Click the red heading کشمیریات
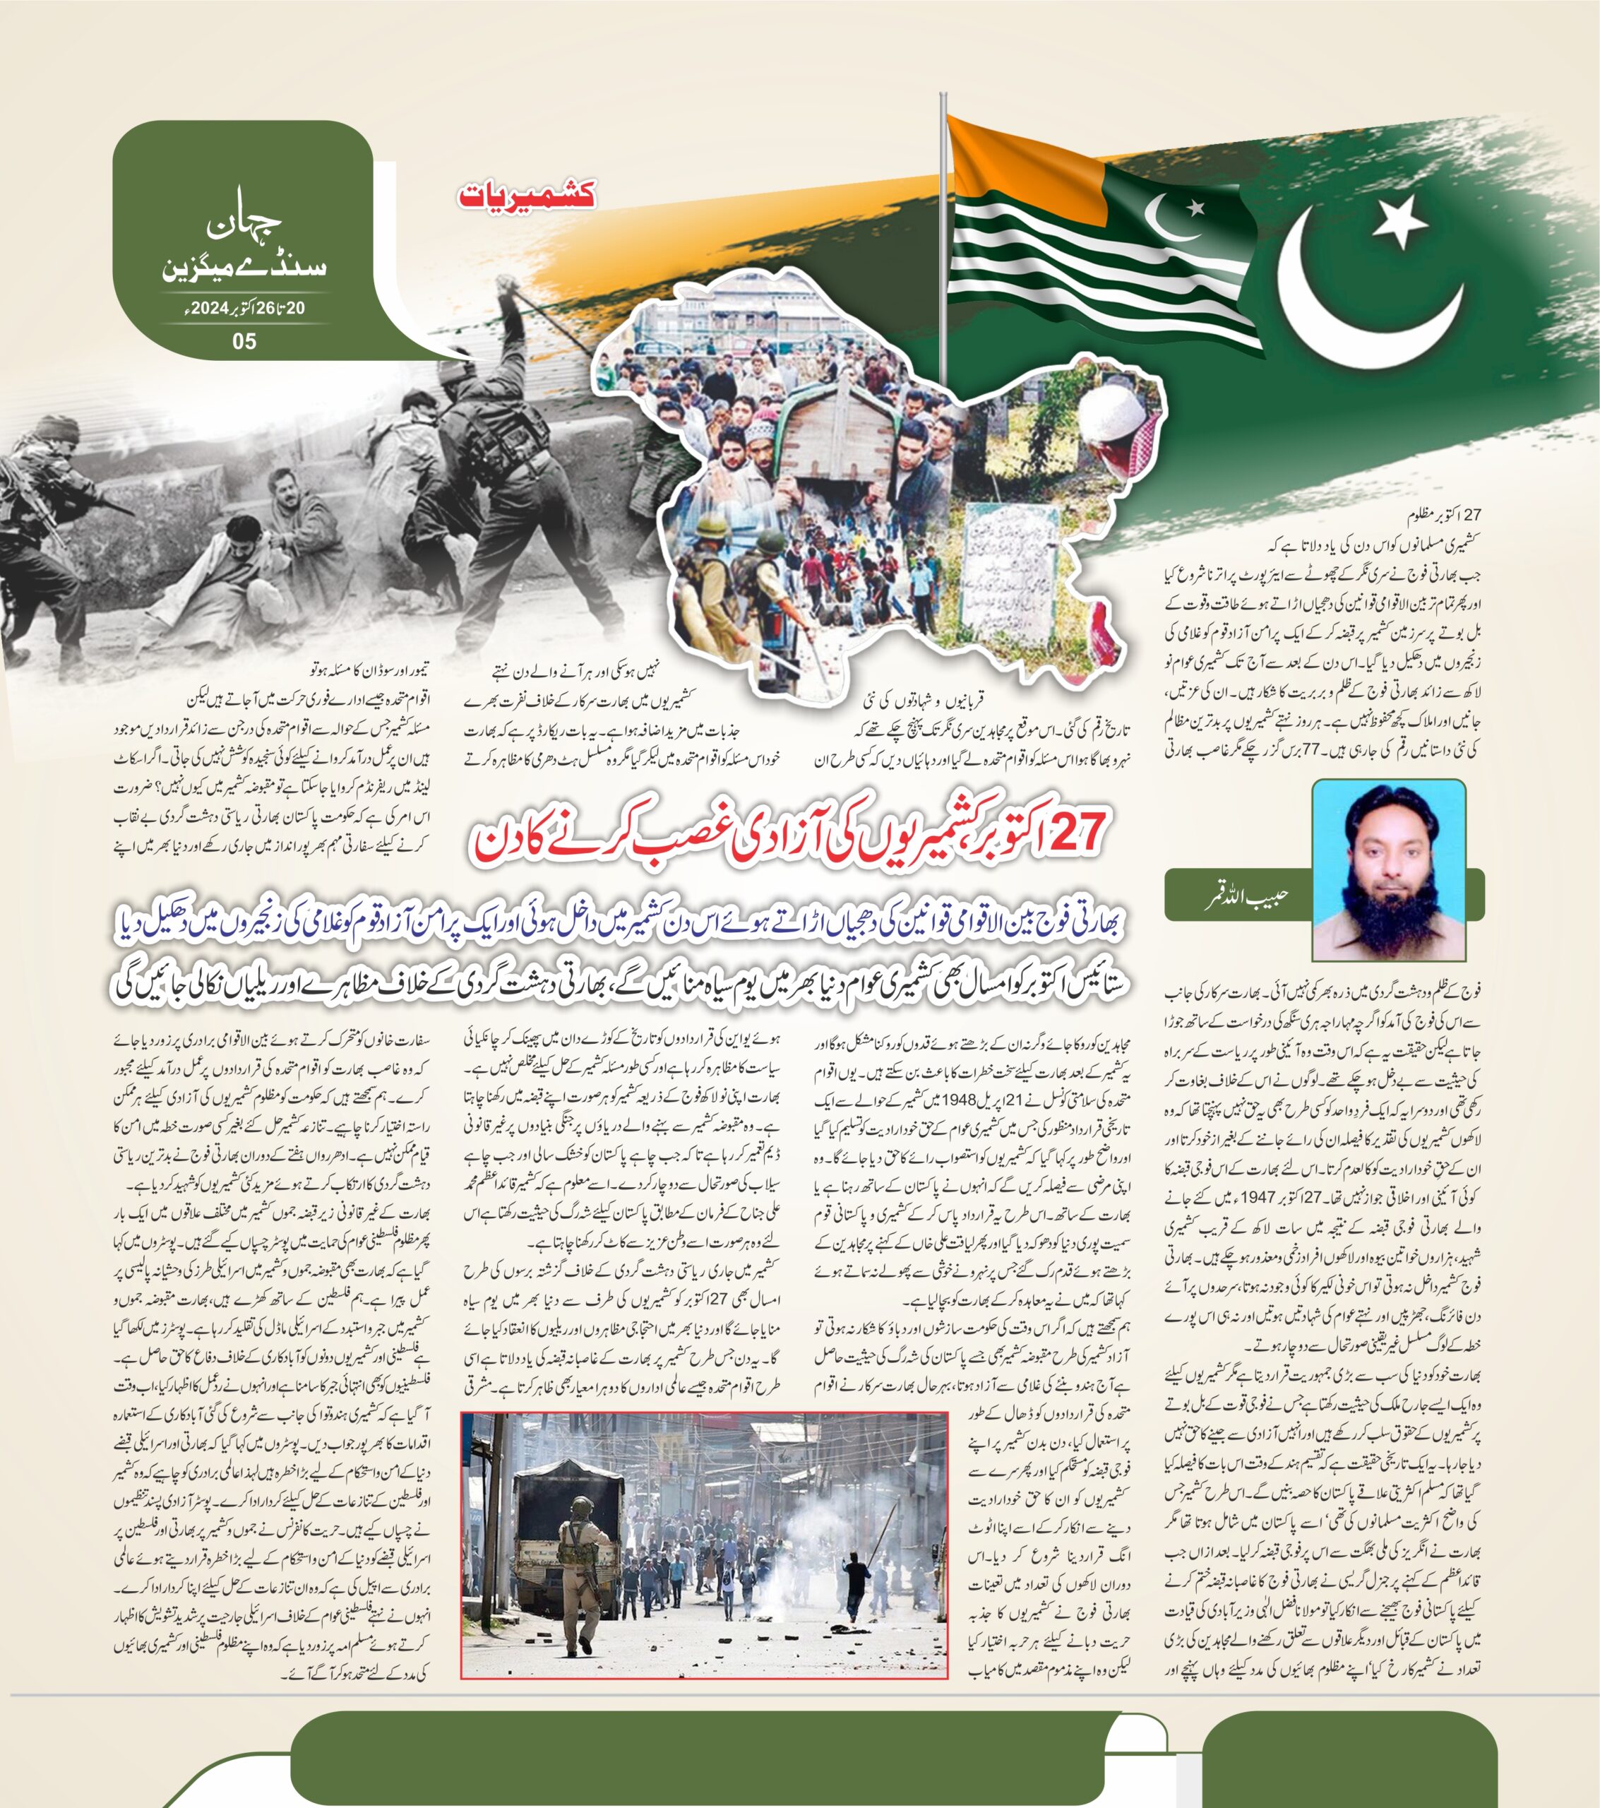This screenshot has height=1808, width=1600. (x=527, y=195)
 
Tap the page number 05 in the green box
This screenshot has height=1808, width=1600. (x=244, y=341)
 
